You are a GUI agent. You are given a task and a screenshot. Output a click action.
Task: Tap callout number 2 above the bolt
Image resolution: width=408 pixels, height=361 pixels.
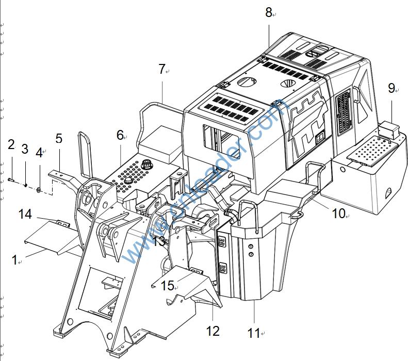(11, 145)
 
